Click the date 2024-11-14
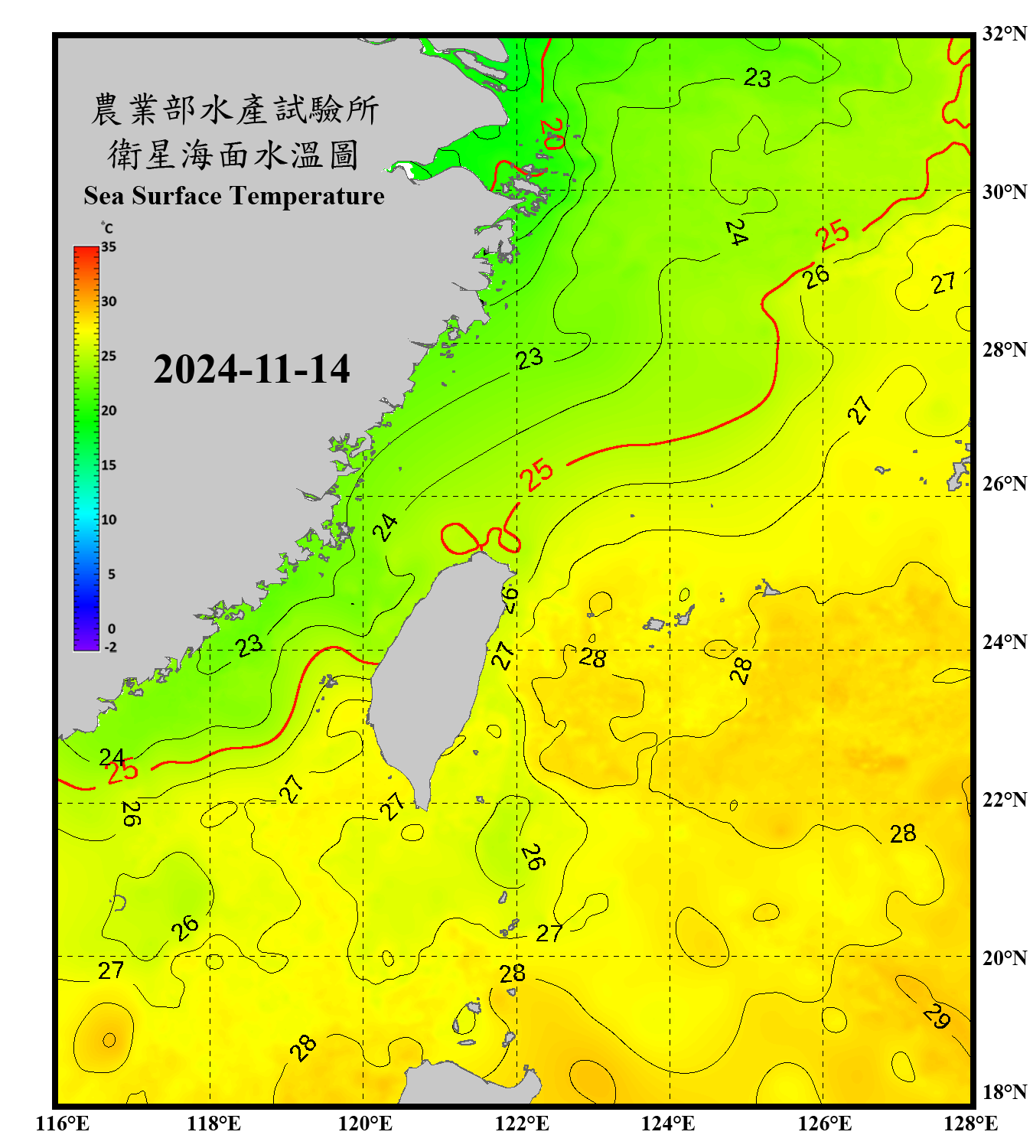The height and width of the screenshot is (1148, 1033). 252,370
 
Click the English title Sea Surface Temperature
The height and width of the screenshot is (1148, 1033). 234,196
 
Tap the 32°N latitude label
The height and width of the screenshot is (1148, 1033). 1004,34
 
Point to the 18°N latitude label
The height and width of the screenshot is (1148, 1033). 1004,1092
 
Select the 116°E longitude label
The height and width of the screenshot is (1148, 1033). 63,1124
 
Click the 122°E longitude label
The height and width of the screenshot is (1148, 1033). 522,1124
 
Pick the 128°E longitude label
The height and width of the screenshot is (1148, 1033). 970,1124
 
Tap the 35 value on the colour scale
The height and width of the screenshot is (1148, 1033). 109,247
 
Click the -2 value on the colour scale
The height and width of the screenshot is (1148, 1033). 110,647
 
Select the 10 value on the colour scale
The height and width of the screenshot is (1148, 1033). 109,520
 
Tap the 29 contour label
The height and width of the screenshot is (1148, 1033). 937,1016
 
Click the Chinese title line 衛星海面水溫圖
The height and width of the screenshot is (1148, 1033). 233,155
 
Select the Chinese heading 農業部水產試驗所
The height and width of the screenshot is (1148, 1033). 235,109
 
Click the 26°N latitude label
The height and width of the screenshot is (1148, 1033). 1004,484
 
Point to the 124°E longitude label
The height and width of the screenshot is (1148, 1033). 668,1124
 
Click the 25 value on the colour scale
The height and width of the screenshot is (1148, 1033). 109,356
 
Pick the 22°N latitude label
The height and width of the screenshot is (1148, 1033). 1004,800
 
